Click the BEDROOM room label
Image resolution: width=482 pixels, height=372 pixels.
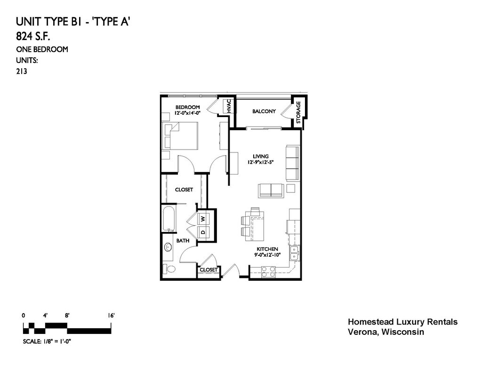point(187,107)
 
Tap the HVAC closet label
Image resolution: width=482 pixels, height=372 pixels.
point(229,106)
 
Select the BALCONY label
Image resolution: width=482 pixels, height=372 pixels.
point(264,111)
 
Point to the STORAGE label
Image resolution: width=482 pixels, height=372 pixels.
point(298,112)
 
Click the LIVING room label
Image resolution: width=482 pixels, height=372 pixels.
point(261,156)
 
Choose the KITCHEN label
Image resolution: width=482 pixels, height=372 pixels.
point(267,249)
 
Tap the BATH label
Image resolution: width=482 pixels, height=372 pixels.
point(183,241)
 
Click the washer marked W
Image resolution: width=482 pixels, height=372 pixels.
point(203,219)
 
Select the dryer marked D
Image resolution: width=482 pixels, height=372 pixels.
point(203,232)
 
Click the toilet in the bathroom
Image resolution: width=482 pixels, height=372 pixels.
point(169,269)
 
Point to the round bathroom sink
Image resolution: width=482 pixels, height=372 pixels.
point(168,247)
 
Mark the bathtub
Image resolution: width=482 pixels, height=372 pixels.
point(169,219)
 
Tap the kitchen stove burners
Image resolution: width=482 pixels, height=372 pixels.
point(268,272)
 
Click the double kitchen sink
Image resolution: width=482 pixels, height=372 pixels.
point(294,253)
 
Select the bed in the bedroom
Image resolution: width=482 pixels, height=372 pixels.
point(180,136)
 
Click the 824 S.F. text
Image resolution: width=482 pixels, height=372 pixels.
point(33,37)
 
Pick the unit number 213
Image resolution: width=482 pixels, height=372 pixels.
point(22,71)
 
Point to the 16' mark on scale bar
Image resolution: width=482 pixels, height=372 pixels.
point(111,316)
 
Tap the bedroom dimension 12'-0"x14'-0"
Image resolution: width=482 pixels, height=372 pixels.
point(187,113)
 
